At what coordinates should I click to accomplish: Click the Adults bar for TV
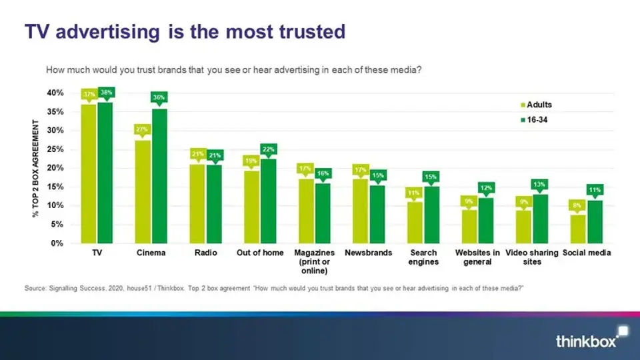coord(89,173)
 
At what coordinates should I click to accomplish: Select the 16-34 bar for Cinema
coord(160,176)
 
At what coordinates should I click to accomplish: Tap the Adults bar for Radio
coord(197,203)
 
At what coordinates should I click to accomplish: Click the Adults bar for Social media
coord(577,229)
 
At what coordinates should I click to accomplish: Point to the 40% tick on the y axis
coord(55,93)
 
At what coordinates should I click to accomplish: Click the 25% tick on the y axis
coord(55,149)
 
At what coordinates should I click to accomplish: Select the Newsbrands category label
coord(367,253)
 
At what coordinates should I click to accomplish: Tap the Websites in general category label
coord(477,257)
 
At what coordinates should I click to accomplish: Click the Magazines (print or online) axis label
coord(314,262)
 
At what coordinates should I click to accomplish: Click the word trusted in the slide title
coord(306,31)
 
